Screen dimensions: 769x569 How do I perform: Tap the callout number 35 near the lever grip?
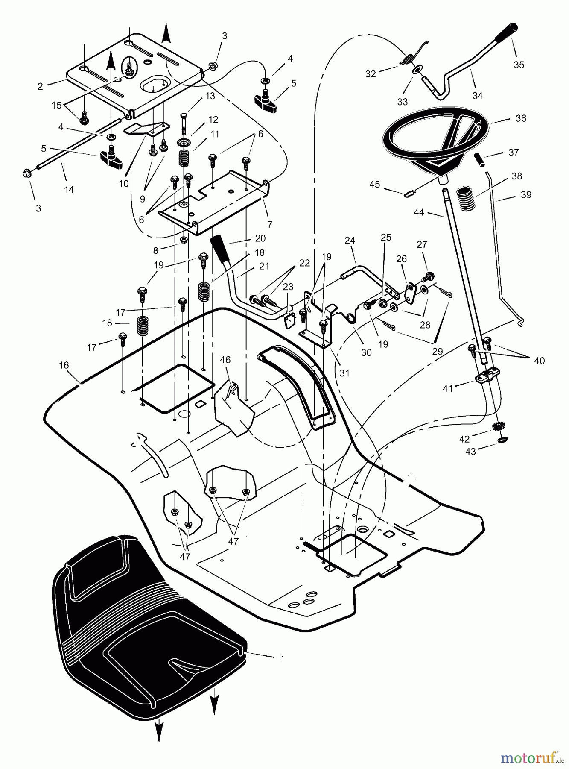pos(519,65)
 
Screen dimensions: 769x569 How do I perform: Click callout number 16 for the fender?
pos(64,365)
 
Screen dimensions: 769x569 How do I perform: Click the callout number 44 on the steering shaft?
pos(419,211)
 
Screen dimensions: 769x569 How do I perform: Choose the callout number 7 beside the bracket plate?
pos(270,224)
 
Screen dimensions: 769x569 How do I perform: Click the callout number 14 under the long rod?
pos(69,190)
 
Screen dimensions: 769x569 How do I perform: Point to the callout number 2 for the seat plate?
pos(40,87)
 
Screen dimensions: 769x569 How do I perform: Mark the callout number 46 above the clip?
pos(225,360)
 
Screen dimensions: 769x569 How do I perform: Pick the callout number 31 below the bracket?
pos(344,373)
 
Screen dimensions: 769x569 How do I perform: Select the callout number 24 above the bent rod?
pos(350,241)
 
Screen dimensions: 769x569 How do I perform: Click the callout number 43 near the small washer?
pos(470,452)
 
